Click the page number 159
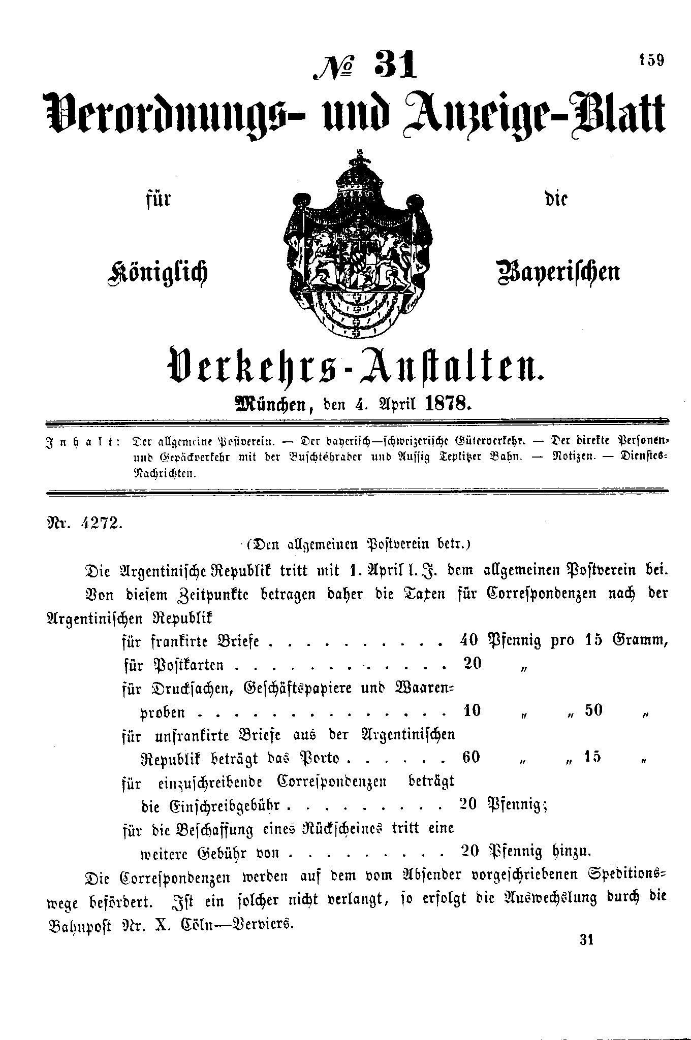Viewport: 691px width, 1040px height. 651,61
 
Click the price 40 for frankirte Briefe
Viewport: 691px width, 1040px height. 468,640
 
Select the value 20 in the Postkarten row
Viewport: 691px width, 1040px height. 473,663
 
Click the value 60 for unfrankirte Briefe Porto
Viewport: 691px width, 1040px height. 472,757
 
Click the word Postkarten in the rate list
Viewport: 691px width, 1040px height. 188,665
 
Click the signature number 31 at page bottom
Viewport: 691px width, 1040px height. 586,940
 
